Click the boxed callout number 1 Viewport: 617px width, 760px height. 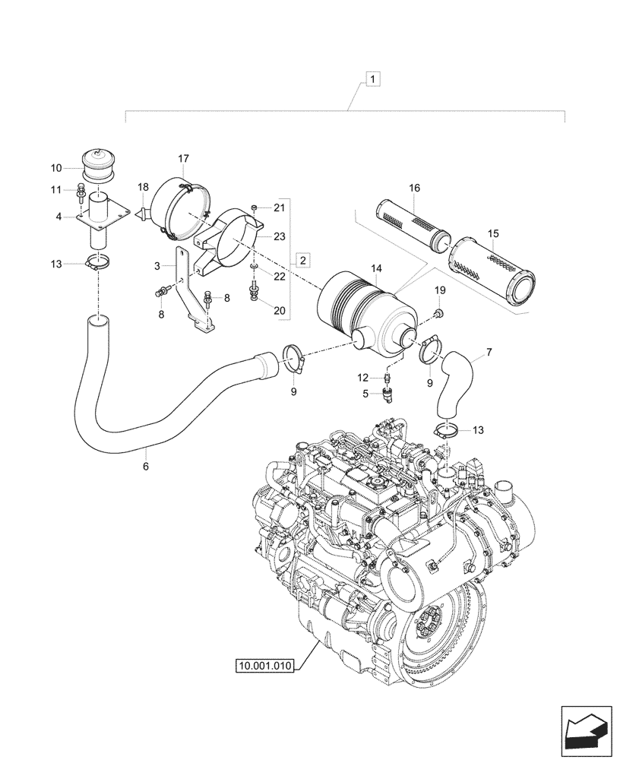click(373, 78)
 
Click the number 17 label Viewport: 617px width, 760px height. click(184, 158)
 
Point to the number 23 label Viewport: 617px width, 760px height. click(279, 236)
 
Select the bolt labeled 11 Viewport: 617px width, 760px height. click(81, 195)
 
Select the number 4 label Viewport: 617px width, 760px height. click(58, 217)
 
